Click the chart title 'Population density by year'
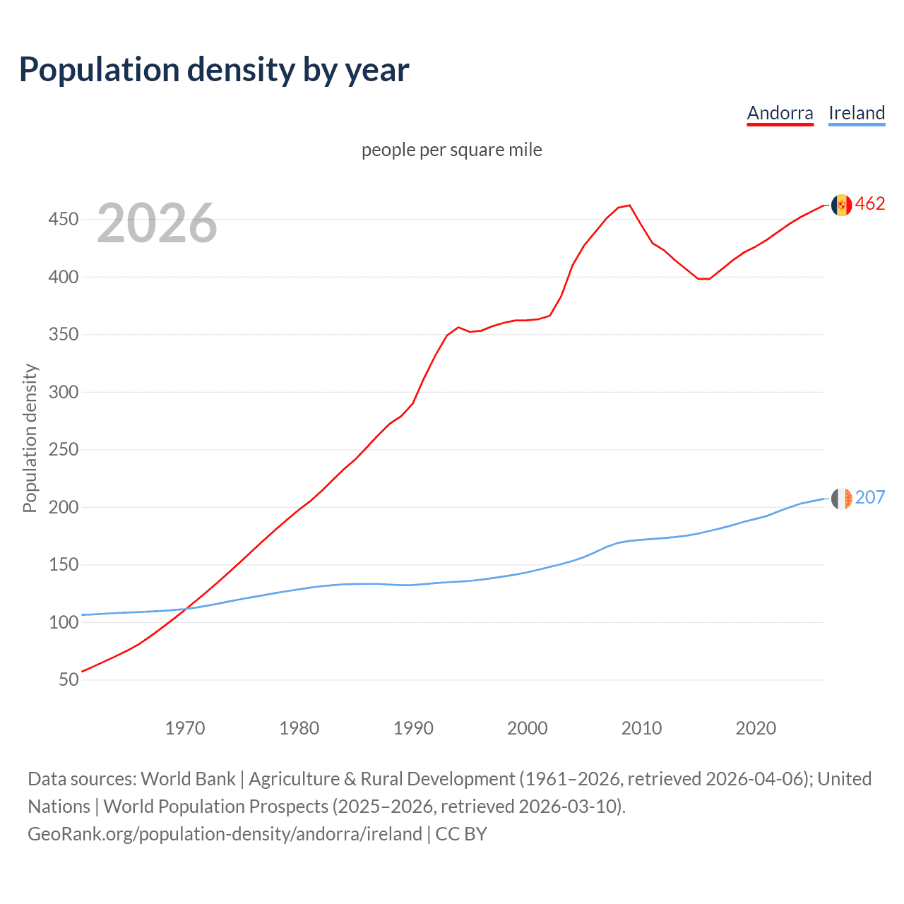[214, 70]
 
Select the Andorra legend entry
[780, 113]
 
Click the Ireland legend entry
[856, 113]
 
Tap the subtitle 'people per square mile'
[451, 150]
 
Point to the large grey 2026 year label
[157, 223]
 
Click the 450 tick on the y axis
[64, 219]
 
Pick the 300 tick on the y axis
[64, 392]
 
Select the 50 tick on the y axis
[69, 679]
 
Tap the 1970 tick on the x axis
[185, 728]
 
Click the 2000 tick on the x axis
[528, 728]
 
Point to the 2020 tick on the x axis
[756, 728]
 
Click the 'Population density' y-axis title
[30, 438]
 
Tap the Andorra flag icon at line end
[841, 205]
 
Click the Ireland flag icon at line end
[841, 499]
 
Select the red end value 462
[870, 204]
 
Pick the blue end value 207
[870, 498]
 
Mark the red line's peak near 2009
[629, 206]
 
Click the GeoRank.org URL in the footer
[225, 834]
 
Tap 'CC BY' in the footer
[461, 834]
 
